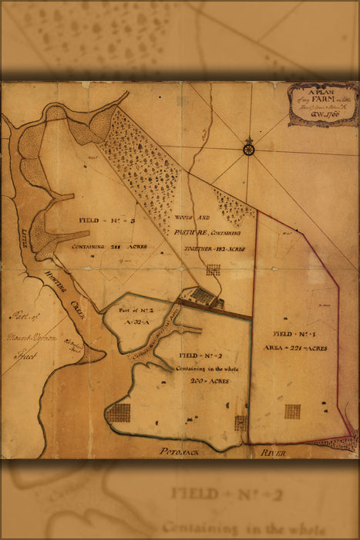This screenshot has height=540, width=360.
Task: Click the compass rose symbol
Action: click(249, 146)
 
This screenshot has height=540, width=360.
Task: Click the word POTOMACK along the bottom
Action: click(180, 453)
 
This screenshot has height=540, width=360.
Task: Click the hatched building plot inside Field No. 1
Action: click(293, 411)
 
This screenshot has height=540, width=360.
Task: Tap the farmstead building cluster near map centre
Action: click(203, 296)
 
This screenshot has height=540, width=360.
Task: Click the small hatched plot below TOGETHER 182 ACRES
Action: click(214, 269)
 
